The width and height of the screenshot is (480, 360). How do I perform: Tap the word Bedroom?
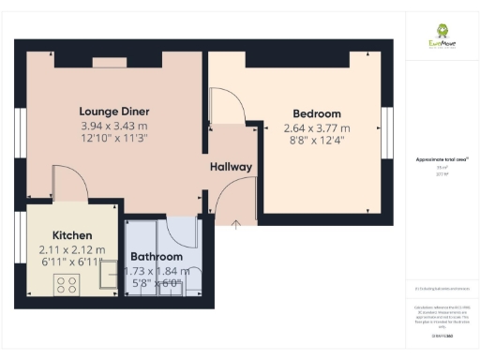click(316, 113)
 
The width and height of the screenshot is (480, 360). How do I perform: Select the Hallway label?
click(231, 167)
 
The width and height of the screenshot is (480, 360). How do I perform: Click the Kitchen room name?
click(71, 235)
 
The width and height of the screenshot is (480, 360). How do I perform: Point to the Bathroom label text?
click(157, 256)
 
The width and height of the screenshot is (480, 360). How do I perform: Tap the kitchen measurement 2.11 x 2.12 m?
click(71, 250)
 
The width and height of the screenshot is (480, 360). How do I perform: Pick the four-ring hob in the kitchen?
click(67, 284)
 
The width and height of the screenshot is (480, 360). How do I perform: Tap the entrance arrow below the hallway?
click(234, 223)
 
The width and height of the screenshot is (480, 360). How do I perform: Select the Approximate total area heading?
click(442, 159)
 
